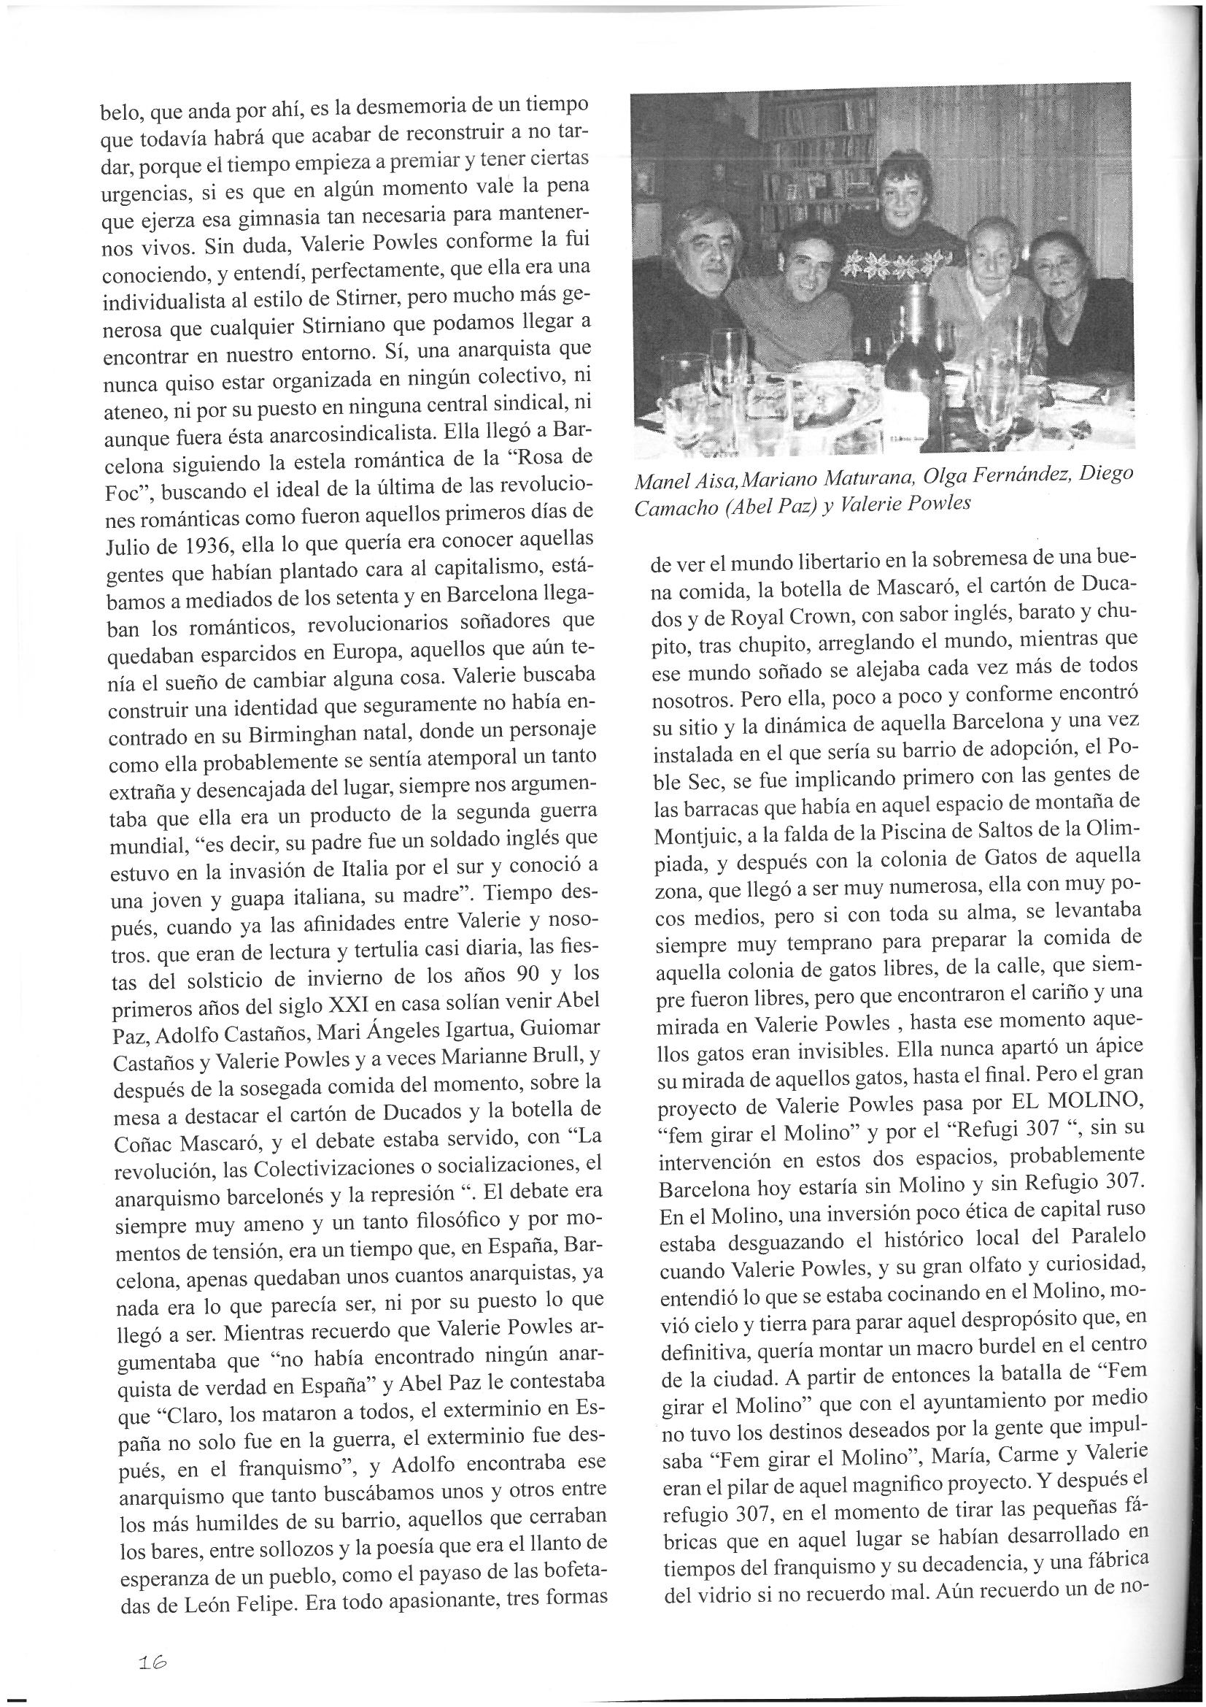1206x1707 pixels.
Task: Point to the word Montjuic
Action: [x=695, y=835]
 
